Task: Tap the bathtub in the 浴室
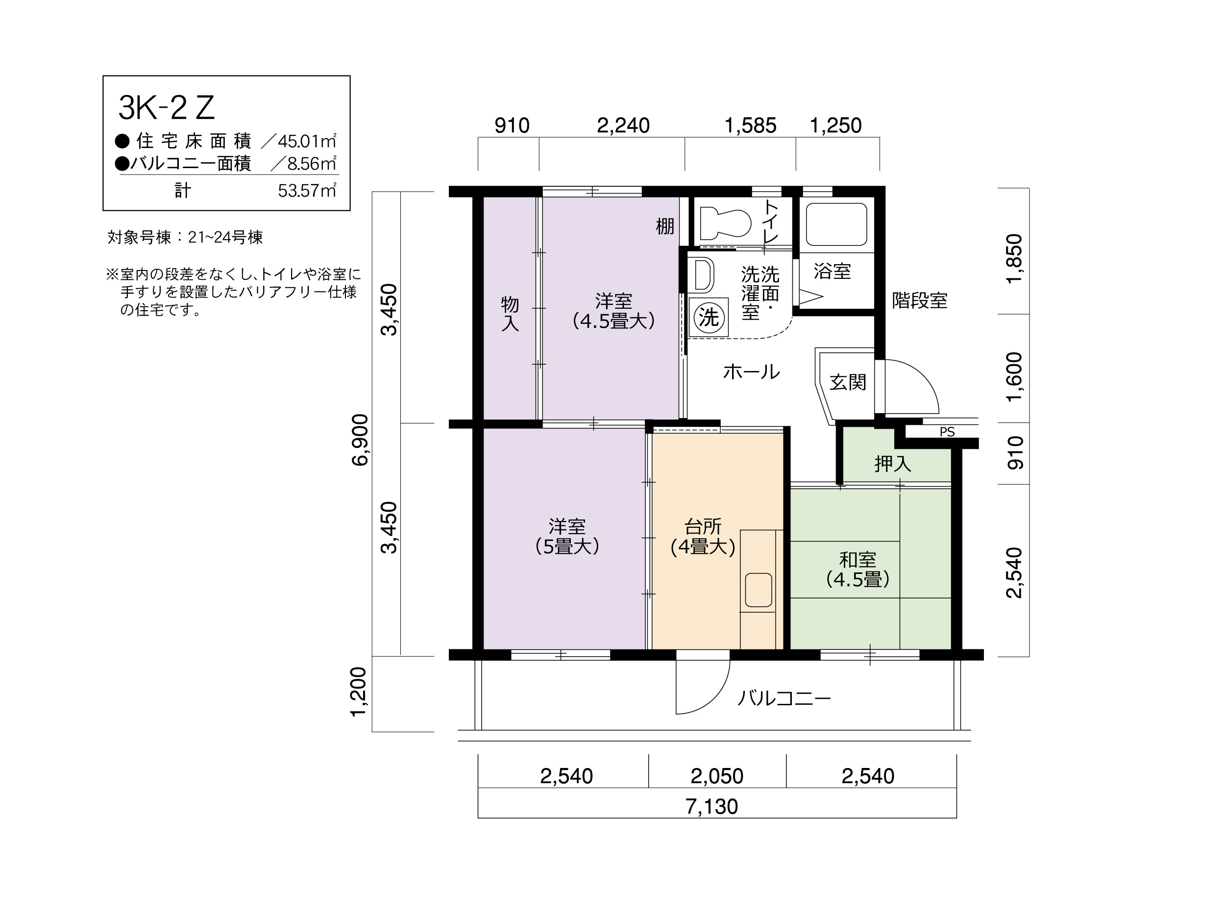(836, 224)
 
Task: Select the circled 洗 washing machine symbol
(709, 317)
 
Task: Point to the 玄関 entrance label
(848, 382)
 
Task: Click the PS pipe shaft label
(947, 432)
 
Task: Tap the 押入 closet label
(893, 464)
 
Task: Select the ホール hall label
(752, 371)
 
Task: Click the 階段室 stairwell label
(919, 301)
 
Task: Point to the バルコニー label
(784, 698)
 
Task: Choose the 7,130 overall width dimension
(711, 806)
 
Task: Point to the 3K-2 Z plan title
(166, 108)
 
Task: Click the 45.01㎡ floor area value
(307, 141)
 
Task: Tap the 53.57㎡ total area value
(307, 191)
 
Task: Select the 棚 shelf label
(664, 226)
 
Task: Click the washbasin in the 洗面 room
(702, 274)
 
